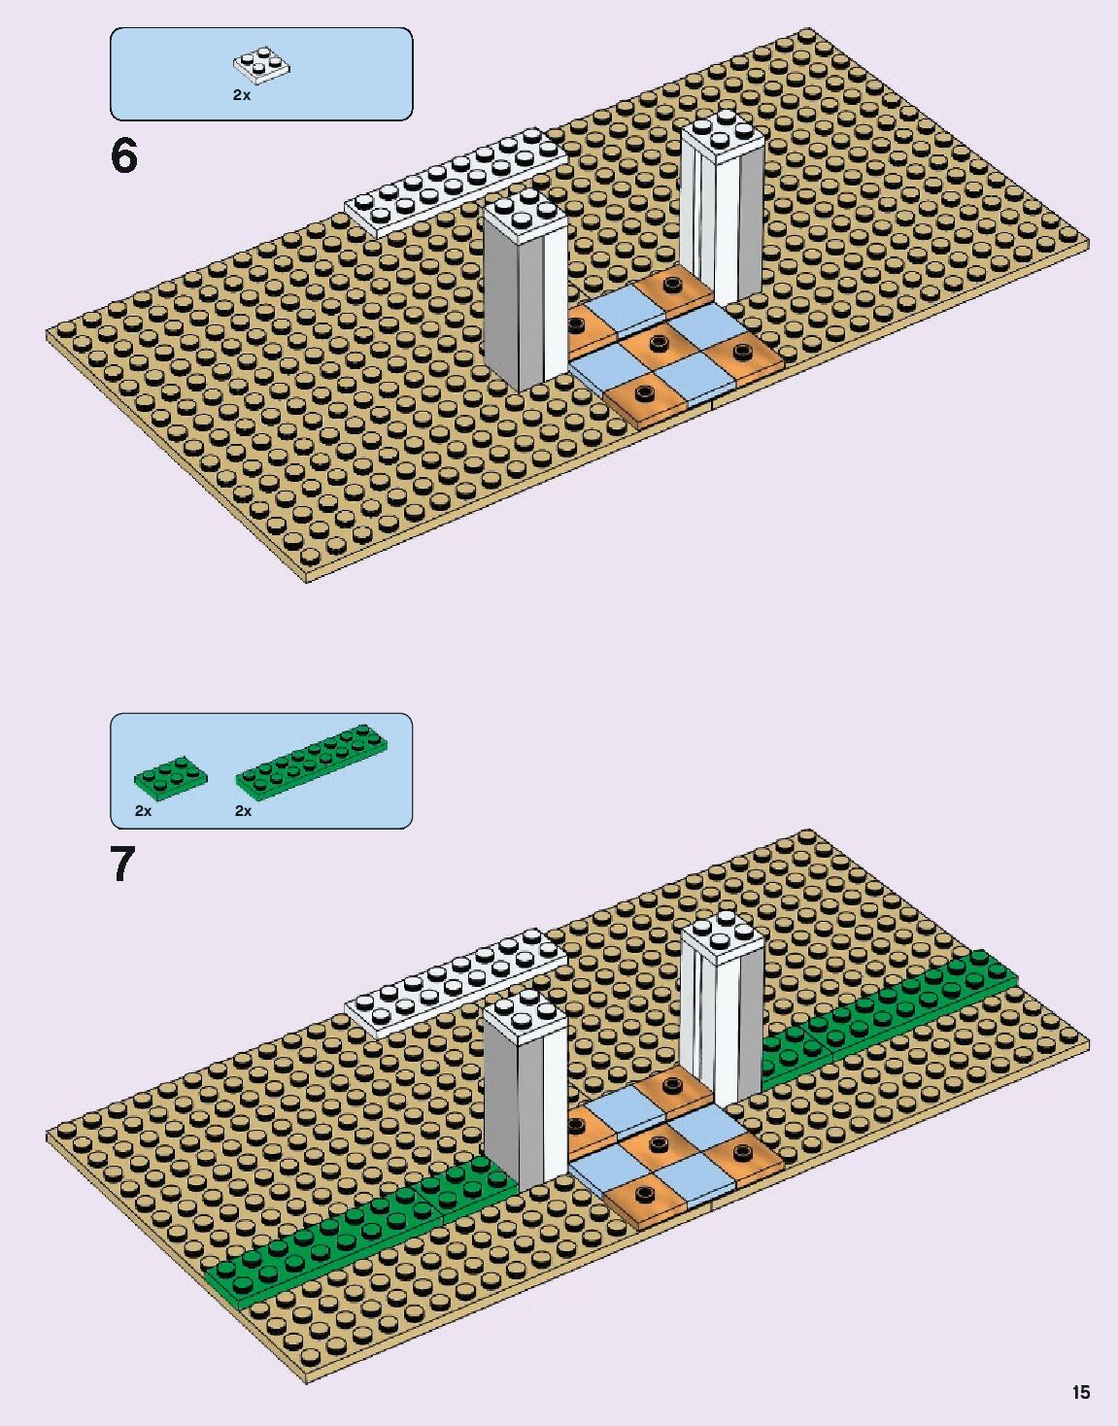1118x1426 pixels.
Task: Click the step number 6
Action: tap(124, 156)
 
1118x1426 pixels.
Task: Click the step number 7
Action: tap(122, 864)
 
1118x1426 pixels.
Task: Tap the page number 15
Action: tap(1081, 1392)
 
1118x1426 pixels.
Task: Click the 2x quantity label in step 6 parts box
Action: tap(242, 95)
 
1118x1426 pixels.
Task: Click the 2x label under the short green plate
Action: tap(144, 810)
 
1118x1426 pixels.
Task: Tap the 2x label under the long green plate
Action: tap(244, 810)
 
